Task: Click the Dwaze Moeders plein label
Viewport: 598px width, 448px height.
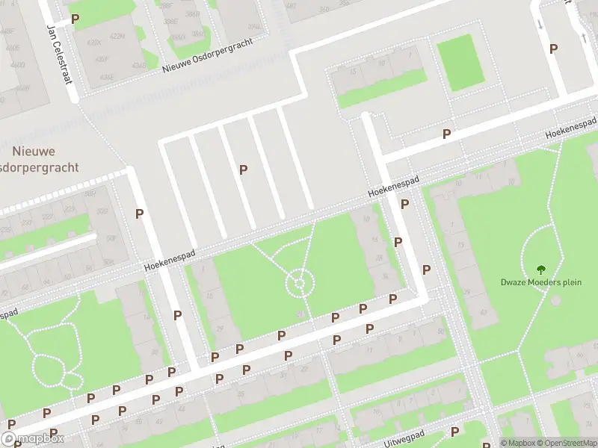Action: click(540, 282)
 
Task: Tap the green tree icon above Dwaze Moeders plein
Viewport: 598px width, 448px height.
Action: click(540, 269)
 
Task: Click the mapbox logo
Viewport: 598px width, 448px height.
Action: click(32, 439)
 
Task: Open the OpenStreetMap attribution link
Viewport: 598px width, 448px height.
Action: click(570, 443)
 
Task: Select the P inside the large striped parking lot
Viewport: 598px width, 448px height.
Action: click(243, 169)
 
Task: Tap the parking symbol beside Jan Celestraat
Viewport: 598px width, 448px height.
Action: click(74, 18)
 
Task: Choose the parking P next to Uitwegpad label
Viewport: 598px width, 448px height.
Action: click(454, 432)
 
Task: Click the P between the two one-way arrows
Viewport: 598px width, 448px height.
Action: click(553, 49)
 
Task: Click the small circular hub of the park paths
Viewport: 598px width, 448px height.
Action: click(299, 283)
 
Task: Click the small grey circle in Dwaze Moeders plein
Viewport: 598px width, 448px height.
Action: click(555, 301)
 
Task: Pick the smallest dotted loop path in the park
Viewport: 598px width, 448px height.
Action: click(72, 380)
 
